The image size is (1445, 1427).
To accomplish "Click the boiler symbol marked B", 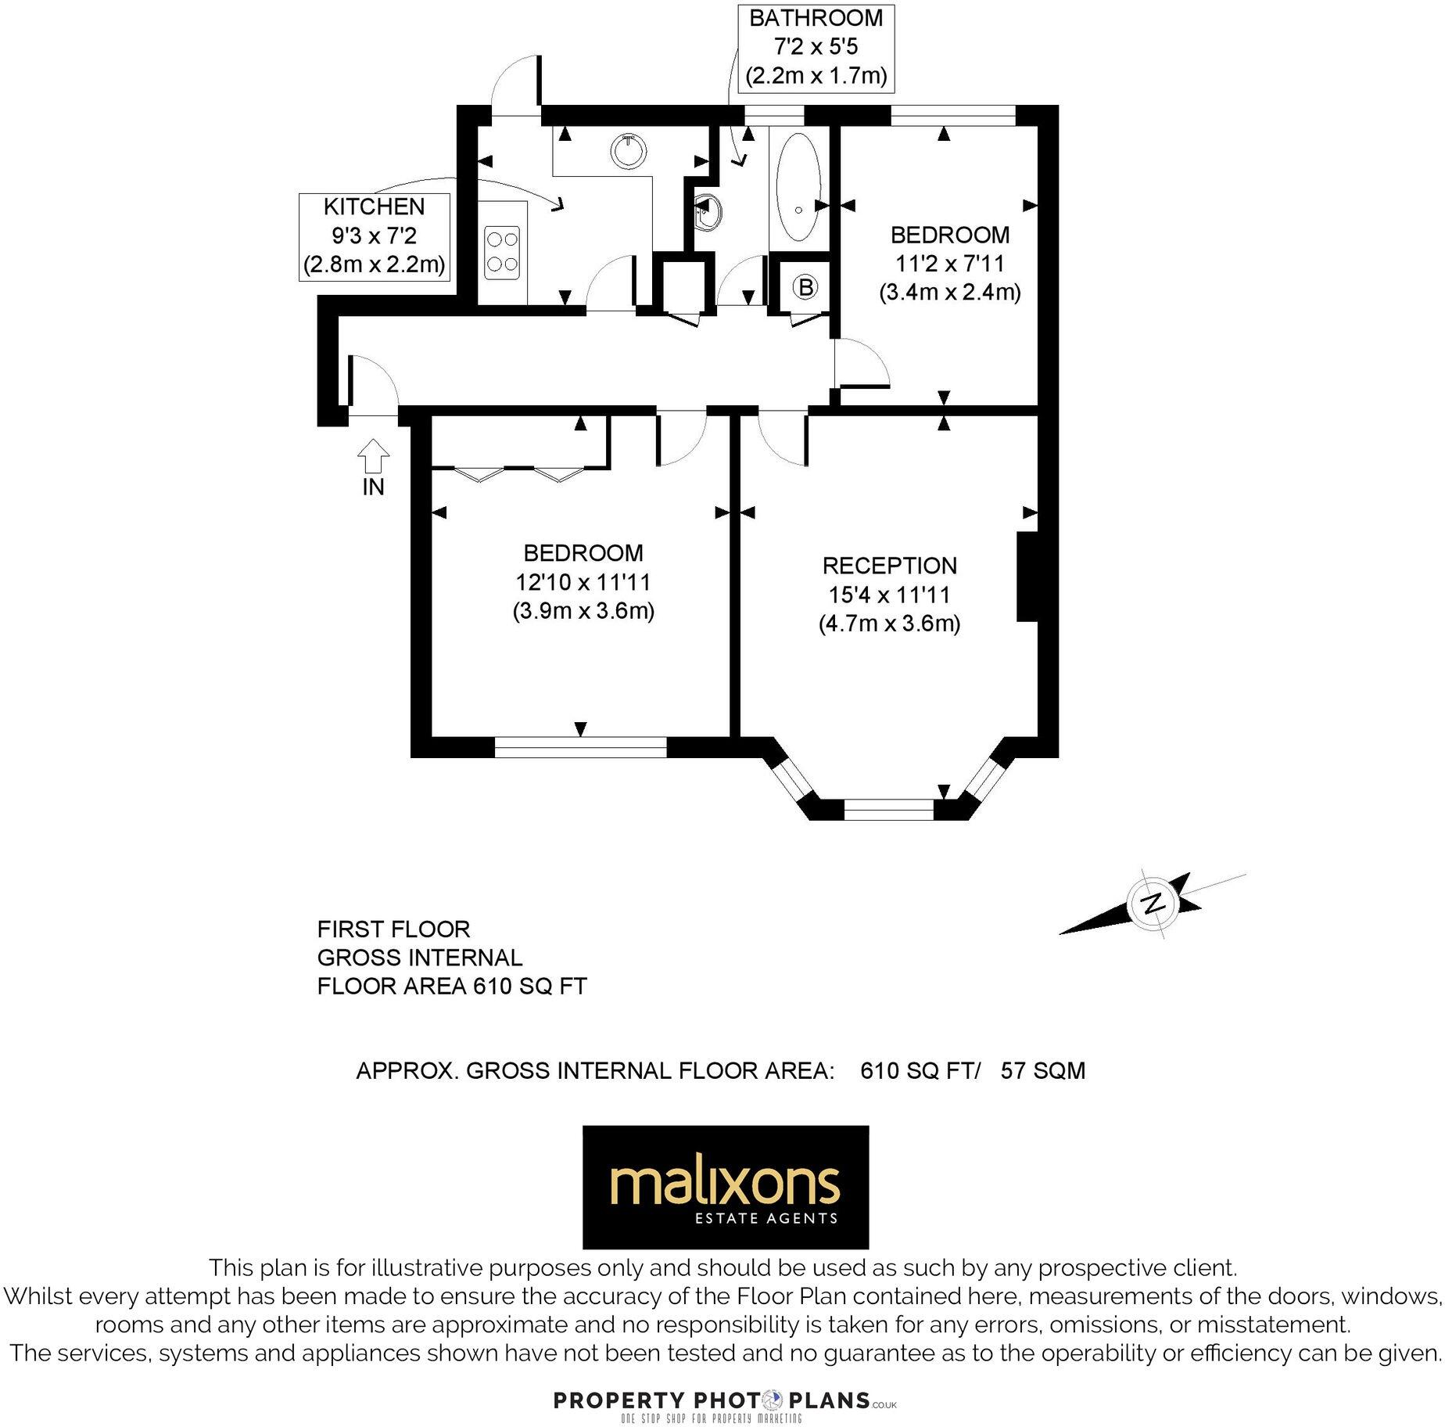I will pyautogui.click(x=805, y=287).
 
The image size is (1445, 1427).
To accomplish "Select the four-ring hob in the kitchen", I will pyautogui.click(x=502, y=252).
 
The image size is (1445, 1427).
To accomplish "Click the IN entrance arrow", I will pyautogui.click(x=373, y=455).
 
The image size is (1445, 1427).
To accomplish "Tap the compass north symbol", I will pyautogui.click(x=1152, y=904).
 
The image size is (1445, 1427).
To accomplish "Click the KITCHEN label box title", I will pyautogui.click(x=374, y=207).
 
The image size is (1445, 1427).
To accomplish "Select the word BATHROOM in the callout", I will pyautogui.click(x=816, y=18).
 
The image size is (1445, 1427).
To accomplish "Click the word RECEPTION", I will pyautogui.click(x=889, y=566).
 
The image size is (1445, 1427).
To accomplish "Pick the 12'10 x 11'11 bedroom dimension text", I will pyautogui.click(x=583, y=582).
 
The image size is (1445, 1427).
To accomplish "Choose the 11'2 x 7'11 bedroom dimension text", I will pyautogui.click(x=950, y=264).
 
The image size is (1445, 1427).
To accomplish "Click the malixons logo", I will pyautogui.click(x=725, y=1187).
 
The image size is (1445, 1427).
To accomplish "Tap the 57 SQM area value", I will pyautogui.click(x=1043, y=1070).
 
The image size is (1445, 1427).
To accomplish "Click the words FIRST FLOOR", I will pyautogui.click(x=393, y=929).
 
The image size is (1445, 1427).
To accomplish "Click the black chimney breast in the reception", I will pyautogui.click(x=1027, y=577).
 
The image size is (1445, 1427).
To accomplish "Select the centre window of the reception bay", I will pyautogui.click(x=889, y=809).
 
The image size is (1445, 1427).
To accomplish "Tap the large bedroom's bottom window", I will pyautogui.click(x=580, y=748).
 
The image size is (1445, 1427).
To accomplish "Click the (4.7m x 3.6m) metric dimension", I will pyautogui.click(x=889, y=624).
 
